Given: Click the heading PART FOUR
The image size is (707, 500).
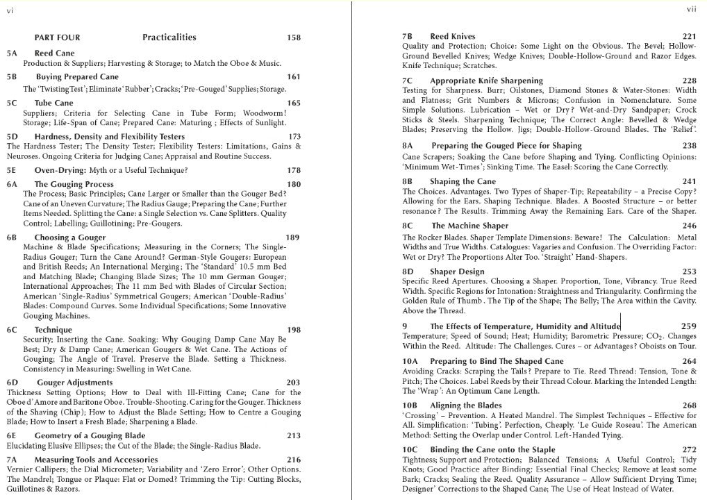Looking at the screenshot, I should [57, 37].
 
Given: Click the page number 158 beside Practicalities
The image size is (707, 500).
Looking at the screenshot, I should [294, 37].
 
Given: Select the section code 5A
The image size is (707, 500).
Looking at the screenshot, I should [12, 53].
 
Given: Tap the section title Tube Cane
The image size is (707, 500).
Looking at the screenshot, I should [53, 103].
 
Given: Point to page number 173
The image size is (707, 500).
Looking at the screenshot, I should [294, 137].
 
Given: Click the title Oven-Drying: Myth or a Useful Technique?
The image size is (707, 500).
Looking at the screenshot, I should [101, 170].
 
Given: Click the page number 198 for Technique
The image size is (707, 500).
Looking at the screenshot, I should [294, 329].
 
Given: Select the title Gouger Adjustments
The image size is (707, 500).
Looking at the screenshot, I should [74, 382].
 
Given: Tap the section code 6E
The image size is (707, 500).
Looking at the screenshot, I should [12, 435].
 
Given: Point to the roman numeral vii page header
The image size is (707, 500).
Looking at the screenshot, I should [691, 10].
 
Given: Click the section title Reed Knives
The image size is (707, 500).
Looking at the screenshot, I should [453, 36].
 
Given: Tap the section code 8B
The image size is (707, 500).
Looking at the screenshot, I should [408, 181].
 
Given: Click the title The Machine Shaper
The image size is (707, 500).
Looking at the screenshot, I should [469, 226].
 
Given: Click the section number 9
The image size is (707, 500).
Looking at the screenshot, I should [405, 326].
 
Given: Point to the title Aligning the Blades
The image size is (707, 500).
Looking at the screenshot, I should [465, 405].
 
